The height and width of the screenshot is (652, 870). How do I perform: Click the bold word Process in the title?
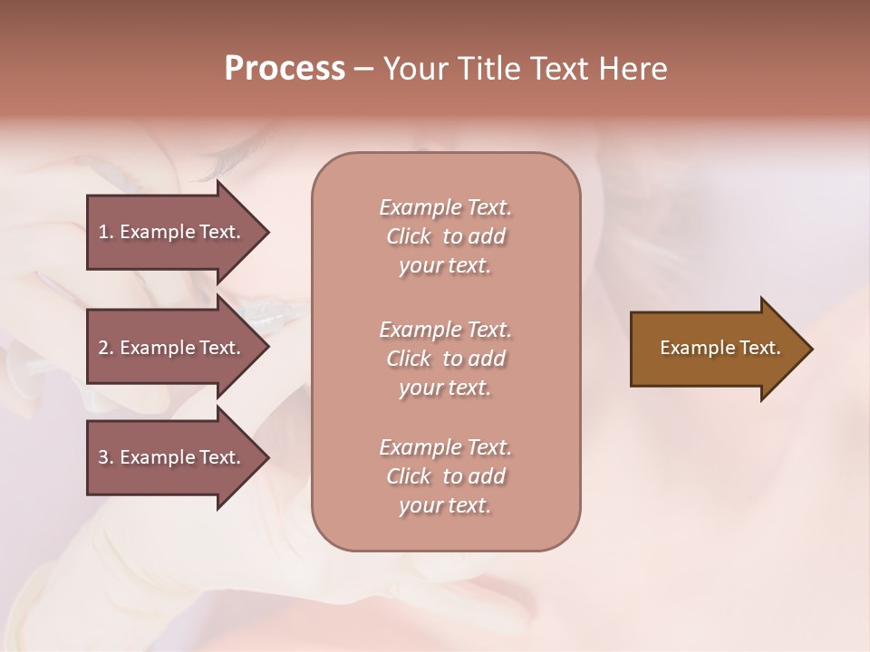pyautogui.click(x=285, y=69)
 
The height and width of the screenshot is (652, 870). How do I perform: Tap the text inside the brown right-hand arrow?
pyautogui.click(x=720, y=348)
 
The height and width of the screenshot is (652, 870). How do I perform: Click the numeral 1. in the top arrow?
pyautogui.click(x=106, y=232)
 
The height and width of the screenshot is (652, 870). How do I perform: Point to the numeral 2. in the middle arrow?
pyautogui.click(x=106, y=348)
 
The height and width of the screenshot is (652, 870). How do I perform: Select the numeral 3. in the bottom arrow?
pyautogui.click(x=106, y=457)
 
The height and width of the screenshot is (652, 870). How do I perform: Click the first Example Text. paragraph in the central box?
pyautogui.click(x=445, y=236)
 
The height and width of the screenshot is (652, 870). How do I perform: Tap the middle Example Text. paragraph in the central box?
pyautogui.click(x=445, y=358)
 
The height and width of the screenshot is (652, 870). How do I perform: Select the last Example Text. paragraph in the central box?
pyautogui.click(x=445, y=476)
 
